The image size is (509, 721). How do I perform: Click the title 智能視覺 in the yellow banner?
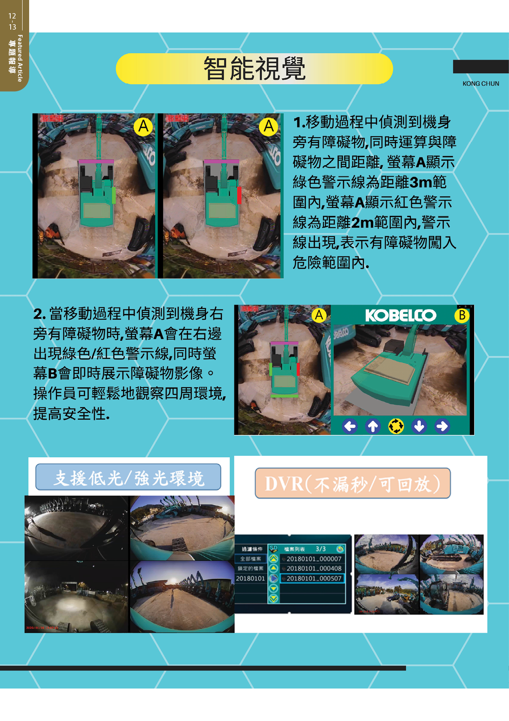254,69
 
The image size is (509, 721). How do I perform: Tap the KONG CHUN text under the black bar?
481,83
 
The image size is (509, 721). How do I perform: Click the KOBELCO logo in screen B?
400,316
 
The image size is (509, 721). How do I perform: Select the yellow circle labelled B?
462,315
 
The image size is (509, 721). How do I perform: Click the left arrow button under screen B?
350,426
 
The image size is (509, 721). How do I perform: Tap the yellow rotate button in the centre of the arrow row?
396,426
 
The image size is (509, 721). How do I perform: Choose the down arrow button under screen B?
419,426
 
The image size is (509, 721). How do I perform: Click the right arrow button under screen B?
442,426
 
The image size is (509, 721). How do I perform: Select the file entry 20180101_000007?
314,559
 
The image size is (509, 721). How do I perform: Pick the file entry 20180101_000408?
314,568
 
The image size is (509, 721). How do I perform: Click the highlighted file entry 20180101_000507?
314,578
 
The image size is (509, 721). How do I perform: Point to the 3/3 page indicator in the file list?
321,549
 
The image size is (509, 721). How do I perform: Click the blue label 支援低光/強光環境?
128,478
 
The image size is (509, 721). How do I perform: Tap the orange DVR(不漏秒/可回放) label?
353,484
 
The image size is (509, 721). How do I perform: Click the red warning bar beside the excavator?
239,195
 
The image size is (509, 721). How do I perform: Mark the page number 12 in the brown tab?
12,16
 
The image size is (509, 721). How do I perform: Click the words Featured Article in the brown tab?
20,58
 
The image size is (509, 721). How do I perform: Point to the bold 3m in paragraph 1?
421,182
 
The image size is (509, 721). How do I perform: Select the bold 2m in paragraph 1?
362,222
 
